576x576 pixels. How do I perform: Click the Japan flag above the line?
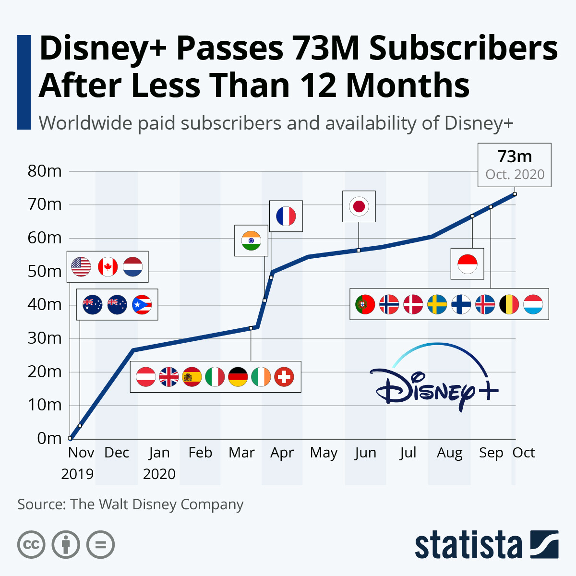pos(359,206)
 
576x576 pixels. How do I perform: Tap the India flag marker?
pos(251,240)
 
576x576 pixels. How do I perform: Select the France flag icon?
pos(286,216)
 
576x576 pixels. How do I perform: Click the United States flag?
pos(81,267)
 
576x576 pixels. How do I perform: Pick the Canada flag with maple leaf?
pos(108,267)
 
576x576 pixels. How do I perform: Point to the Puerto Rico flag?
pos(142,304)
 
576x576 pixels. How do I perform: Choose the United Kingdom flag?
pos(169,377)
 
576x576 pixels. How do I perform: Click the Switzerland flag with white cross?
pos(284,377)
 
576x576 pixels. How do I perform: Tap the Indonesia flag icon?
pos(467,264)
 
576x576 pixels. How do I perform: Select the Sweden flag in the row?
pos(437,304)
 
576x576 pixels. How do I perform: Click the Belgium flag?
pos(509,304)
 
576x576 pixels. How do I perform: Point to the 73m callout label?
pos(515,165)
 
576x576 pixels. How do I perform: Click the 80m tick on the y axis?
pos(45,171)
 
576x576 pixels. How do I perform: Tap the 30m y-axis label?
pos(45,338)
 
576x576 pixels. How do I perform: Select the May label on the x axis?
pos(324,453)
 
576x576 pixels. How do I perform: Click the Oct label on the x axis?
pos(524,453)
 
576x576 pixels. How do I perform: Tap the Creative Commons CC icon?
pos(31,545)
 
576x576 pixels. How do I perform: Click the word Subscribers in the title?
pos(463,49)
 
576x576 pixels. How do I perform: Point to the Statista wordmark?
pos(468,545)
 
